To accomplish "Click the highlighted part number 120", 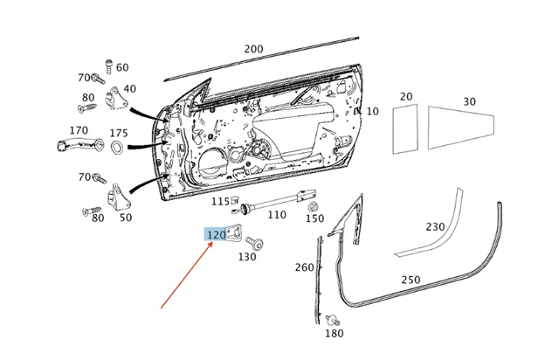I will [x=216, y=234].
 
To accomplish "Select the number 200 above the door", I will [x=253, y=49].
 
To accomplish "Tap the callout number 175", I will [x=119, y=132].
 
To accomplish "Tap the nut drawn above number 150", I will [x=313, y=206].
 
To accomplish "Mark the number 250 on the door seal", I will [x=411, y=280].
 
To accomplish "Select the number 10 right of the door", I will [x=372, y=111].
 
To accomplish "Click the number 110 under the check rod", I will [x=277, y=214].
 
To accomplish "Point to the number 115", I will [x=221, y=202].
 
